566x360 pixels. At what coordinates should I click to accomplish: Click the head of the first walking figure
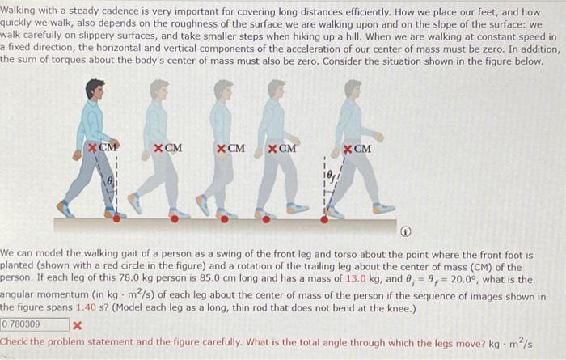point(95,88)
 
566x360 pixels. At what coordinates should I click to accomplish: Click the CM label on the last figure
point(362,148)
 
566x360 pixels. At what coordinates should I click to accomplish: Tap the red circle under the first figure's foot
point(116,217)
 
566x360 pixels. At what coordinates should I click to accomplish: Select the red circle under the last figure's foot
point(325,218)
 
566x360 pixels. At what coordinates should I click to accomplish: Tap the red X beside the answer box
point(77,325)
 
